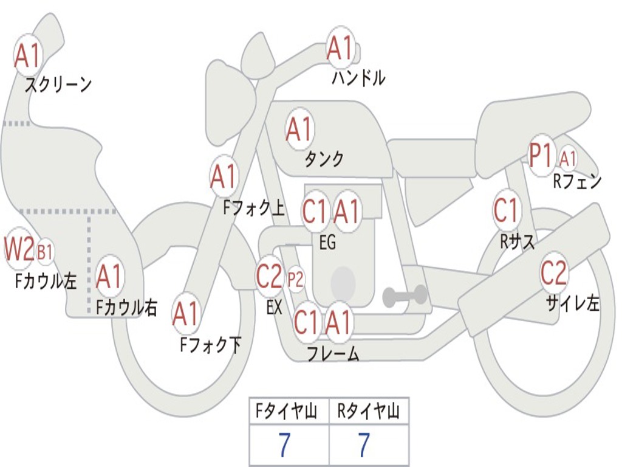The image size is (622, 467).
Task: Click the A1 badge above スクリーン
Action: [x=28, y=55]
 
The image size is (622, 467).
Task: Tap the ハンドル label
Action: [x=358, y=78]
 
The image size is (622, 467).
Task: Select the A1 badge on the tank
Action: [x=299, y=128]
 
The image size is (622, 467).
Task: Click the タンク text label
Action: [x=324, y=159]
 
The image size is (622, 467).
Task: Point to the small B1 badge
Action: [x=45, y=251]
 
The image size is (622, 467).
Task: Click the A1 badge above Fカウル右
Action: [x=110, y=277]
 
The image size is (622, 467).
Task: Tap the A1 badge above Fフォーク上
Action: [x=224, y=176]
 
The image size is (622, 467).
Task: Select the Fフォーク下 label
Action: [x=210, y=345]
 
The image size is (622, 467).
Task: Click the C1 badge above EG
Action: [x=315, y=212]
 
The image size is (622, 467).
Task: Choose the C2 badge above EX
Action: [x=270, y=277]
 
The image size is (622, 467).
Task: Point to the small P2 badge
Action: [x=295, y=280]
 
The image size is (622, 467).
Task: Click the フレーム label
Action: [x=333, y=353]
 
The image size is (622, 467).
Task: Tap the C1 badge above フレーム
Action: [x=307, y=322]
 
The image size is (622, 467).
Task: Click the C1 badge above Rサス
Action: [x=507, y=210]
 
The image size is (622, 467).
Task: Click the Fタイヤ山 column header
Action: [x=288, y=412]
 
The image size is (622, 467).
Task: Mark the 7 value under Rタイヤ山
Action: [x=364, y=446]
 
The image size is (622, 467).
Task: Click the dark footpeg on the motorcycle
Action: [x=405, y=296]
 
